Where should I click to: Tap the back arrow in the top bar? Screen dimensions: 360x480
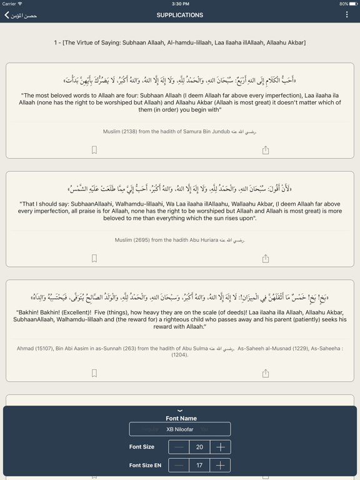[x=7, y=15]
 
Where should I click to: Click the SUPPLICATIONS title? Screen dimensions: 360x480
[x=180, y=15]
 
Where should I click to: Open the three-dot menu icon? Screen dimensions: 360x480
[x=347, y=15]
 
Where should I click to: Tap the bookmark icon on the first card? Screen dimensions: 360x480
[x=94, y=150]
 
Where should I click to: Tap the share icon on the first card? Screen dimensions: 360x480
[x=266, y=150]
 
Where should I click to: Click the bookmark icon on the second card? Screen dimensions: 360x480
[x=94, y=258]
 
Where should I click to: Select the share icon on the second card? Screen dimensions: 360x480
[x=266, y=258]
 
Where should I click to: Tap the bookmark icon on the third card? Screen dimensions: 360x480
[x=94, y=373]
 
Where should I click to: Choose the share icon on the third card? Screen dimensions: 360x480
[x=266, y=373]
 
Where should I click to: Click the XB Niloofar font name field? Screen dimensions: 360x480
[x=180, y=429]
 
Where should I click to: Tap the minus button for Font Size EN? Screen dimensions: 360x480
[x=179, y=465]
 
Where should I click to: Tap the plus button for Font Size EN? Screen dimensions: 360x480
[x=220, y=465]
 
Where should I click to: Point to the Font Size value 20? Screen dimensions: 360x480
[x=200, y=447]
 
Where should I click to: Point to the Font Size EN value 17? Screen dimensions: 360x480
[x=200, y=465]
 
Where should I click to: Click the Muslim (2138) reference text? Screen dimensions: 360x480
[x=180, y=132]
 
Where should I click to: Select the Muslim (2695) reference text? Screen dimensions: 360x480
[x=180, y=240]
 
